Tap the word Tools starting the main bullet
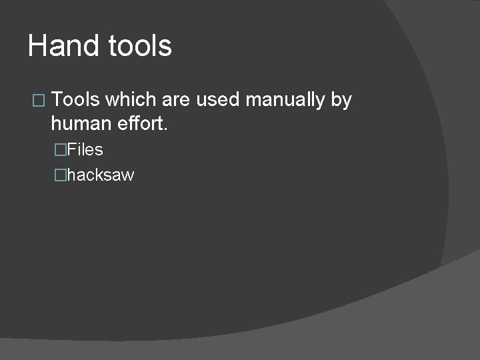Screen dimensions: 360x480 click(x=75, y=100)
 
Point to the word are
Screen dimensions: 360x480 click(x=176, y=100)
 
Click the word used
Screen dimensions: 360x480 click(x=218, y=100)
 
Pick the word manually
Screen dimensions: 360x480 click(x=285, y=101)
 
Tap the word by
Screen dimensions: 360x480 click(x=341, y=101)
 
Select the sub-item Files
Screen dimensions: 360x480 click(x=85, y=149)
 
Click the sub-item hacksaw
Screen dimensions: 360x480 click(x=101, y=175)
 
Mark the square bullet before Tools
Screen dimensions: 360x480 click(x=37, y=101)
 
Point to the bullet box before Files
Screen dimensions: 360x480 click(x=61, y=150)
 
